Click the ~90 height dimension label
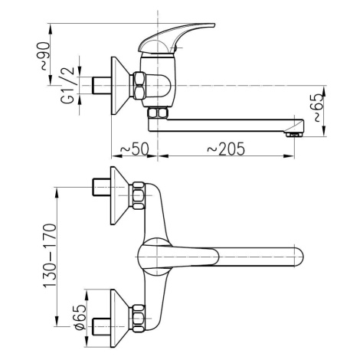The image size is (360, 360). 45,56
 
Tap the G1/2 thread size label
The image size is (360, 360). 67,85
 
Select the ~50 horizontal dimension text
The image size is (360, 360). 134,149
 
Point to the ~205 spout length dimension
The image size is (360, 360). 226,149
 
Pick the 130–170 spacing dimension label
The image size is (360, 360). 50,256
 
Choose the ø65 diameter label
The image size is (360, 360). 80,317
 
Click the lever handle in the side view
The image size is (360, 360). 175,38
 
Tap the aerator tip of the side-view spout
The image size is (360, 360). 294,134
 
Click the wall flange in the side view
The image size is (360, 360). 120,86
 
